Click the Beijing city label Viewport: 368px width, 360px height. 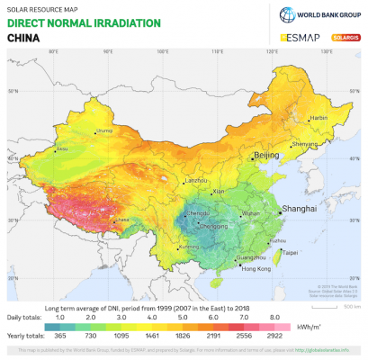267,156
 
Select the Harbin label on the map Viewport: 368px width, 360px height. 318,118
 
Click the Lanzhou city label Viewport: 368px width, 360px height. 196,181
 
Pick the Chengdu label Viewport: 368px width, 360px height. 199,212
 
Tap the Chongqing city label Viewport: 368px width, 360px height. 213,226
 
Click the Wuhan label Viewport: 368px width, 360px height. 250,213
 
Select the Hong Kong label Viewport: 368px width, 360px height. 256,268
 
